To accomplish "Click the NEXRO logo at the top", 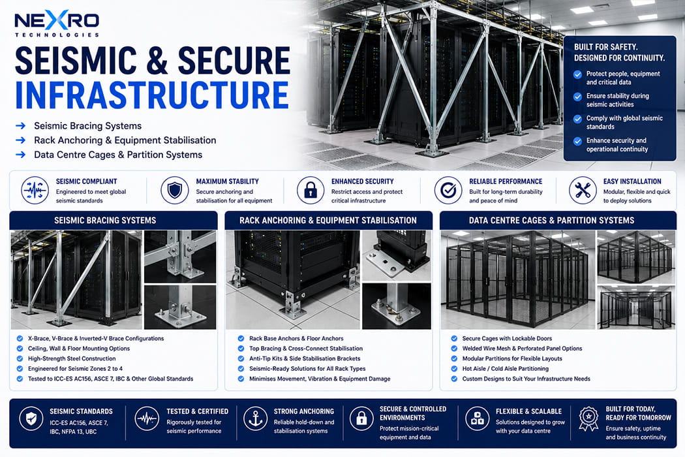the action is tap(57, 24).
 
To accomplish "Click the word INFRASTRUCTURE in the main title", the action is tap(152, 95).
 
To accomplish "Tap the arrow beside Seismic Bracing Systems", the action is tap(20, 126).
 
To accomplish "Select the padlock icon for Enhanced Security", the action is tap(311, 190).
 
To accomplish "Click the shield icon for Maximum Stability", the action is tap(175, 190).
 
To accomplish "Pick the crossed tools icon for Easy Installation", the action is tap(583, 190).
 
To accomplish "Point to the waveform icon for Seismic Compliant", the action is tap(35, 190).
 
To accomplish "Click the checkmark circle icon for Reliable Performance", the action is tap(448, 190).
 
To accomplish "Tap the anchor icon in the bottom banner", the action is tap(255, 419).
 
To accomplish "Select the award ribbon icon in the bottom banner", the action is tap(588, 419).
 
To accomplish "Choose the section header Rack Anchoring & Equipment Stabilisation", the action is tap(328, 221).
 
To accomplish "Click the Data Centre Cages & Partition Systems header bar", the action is tap(552, 221).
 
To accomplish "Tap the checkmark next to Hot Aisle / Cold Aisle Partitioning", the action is tap(454, 369).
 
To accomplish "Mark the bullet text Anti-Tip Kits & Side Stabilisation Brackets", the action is tap(305, 358).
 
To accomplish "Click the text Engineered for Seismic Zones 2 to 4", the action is tap(76, 369).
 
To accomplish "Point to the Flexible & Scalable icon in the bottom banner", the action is tap(477, 419).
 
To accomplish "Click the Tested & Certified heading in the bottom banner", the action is tap(198, 411).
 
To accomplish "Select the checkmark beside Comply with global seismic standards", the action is tap(577, 119).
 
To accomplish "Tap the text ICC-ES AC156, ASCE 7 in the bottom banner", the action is tap(79, 423).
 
